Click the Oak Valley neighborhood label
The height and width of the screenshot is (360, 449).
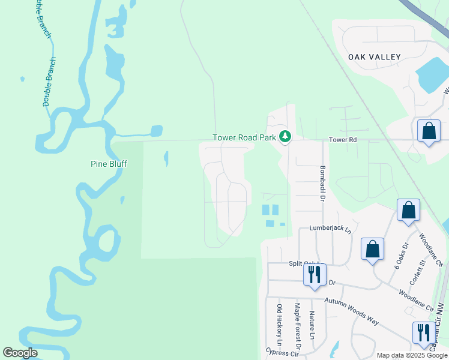pos(374,57)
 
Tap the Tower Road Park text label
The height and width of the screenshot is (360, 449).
pos(244,137)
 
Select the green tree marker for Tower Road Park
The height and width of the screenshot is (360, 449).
pos(285,137)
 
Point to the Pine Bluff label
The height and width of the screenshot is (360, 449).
pos(108,163)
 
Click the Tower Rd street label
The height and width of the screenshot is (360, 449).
pos(343,139)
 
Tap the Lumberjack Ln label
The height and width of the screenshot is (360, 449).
pos(330,229)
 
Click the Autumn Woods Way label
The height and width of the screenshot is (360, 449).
pos(352,311)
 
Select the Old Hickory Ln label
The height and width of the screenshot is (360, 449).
pos(279,328)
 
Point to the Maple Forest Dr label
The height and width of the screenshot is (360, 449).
pos(297,326)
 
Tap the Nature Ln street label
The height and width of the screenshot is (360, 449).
pos(312,325)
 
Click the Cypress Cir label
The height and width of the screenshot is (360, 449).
pos(283,353)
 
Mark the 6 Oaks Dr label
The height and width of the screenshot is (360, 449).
pos(400,255)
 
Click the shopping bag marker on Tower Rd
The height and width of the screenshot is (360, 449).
pos(429,131)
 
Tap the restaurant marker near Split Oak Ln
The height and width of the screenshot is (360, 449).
pos(315,275)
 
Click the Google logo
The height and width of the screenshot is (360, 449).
pos(20,353)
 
